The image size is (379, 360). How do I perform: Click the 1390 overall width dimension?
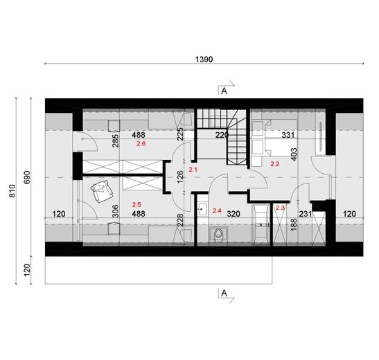202,60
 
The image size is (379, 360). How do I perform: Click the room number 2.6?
141,144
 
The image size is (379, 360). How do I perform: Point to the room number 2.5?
136,205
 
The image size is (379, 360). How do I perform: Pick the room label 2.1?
193,169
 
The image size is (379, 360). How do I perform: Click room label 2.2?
274,164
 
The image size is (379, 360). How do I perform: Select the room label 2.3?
281,208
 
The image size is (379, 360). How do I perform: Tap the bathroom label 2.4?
217,210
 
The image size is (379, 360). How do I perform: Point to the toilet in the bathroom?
219,235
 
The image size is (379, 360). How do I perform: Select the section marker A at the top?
224,91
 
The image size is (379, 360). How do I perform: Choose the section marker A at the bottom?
224,293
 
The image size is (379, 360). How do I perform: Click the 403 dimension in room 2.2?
294,154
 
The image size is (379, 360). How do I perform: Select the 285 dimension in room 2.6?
116,141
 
